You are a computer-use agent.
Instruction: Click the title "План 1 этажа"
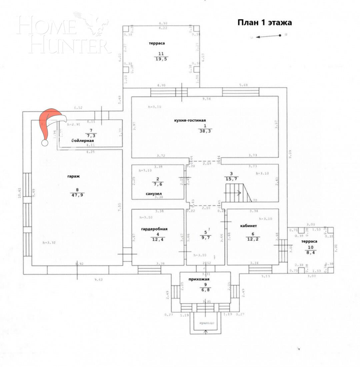click(x=264, y=23)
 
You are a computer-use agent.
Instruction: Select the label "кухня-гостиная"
click(x=190, y=121)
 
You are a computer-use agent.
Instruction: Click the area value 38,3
click(x=205, y=131)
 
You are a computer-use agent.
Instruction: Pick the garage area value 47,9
click(x=77, y=195)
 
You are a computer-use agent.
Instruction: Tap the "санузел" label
click(x=154, y=193)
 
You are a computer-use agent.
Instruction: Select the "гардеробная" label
click(x=154, y=229)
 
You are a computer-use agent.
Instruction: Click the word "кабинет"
click(x=248, y=225)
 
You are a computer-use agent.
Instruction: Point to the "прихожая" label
click(x=201, y=279)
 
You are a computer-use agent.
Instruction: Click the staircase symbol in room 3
click(x=238, y=193)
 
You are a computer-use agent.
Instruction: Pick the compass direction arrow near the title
click(x=269, y=36)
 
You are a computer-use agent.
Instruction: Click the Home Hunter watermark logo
click(x=63, y=33)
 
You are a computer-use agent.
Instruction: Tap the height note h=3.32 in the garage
click(x=49, y=242)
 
